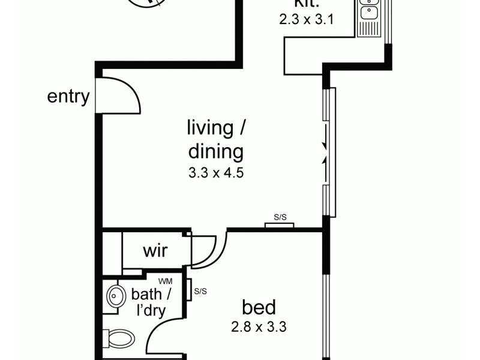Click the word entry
coord(68,96)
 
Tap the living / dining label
coord(217,139)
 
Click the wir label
coord(154,250)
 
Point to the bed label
coord(259,308)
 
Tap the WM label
coord(164,281)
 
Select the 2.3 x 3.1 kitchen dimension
coord(306,19)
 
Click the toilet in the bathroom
coord(120,338)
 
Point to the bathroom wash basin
coord(114,296)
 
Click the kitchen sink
coord(367,10)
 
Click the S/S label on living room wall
coord(280,218)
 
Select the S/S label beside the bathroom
coord(200,292)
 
